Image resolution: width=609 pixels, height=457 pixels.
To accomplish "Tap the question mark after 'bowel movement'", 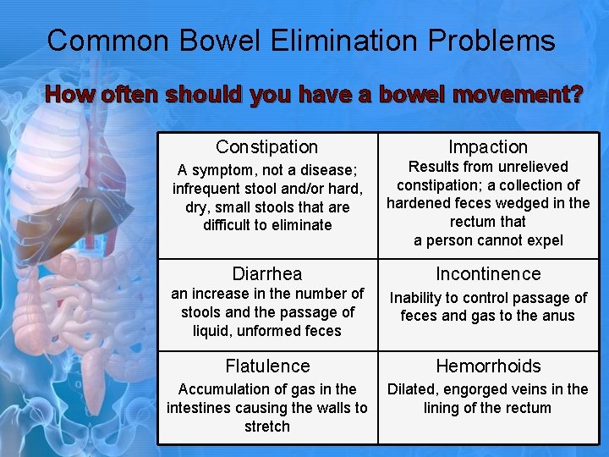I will point(576,94).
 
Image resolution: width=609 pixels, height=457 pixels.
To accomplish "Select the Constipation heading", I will point(266,147).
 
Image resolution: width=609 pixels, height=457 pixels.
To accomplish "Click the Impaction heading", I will point(488,147).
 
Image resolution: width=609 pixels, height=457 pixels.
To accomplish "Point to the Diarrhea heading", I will point(266,274).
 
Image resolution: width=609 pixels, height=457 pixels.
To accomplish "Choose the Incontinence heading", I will point(488,274).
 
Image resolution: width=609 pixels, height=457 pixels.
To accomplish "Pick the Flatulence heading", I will point(266,366).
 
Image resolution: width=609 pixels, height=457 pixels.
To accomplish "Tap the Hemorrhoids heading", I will point(488,366).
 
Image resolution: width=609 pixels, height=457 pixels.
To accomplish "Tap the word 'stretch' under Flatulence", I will point(266,427).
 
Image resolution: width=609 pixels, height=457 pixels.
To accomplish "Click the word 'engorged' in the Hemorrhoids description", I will point(486,389).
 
